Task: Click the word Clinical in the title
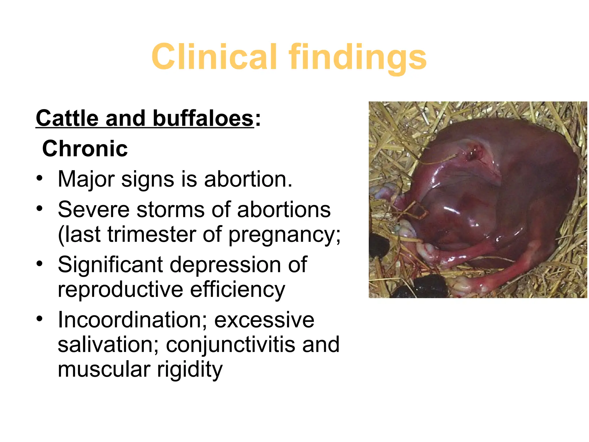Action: (214, 57)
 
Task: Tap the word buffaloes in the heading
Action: (203, 118)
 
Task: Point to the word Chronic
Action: (85, 149)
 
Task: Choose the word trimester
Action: (151, 234)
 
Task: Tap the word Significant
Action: (110, 265)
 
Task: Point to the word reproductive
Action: (120, 290)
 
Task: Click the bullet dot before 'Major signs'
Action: (39, 178)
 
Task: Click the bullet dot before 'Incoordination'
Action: (39, 319)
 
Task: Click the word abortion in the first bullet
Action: (248, 179)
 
